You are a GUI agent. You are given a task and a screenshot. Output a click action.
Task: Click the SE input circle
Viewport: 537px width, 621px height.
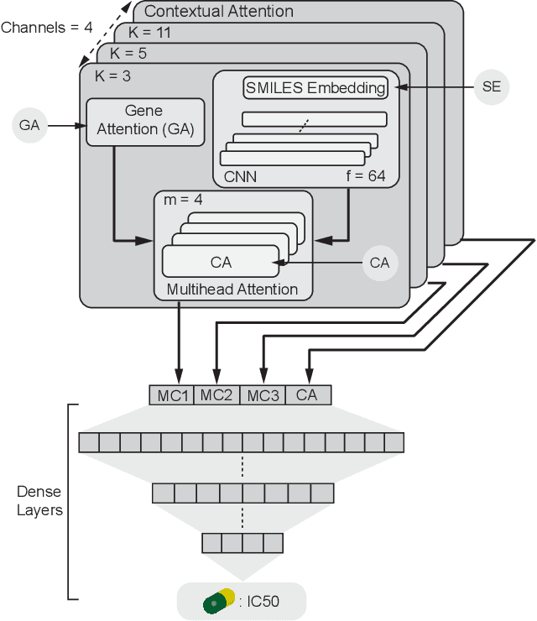[x=491, y=87]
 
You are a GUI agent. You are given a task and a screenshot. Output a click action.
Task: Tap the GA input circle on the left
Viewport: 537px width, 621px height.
[x=28, y=125]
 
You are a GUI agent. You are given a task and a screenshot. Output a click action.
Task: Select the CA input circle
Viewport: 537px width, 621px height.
[x=379, y=263]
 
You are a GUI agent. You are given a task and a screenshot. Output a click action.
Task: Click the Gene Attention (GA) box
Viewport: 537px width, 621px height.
[x=145, y=122]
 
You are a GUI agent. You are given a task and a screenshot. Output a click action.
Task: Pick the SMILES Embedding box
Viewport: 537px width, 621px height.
[x=316, y=87]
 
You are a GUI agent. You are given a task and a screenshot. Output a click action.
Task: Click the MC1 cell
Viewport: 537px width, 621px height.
[x=172, y=394]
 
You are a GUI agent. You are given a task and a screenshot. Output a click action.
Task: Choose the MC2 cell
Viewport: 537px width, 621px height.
[x=216, y=394]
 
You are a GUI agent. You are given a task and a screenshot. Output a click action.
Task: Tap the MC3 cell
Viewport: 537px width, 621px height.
[x=262, y=394]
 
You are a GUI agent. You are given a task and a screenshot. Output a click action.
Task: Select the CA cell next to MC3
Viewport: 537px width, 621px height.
[x=307, y=394]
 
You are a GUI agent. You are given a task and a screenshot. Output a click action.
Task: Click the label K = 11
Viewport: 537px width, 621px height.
[x=149, y=33]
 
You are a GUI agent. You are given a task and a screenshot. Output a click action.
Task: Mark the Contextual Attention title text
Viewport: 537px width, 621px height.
[x=219, y=12]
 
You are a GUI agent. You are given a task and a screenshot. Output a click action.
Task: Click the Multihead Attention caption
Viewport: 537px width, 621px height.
[x=232, y=290]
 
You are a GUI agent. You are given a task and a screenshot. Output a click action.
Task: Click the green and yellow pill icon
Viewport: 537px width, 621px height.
[x=219, y=601]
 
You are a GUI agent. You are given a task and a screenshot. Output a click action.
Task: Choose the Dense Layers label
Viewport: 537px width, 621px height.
[x=39, y=501]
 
